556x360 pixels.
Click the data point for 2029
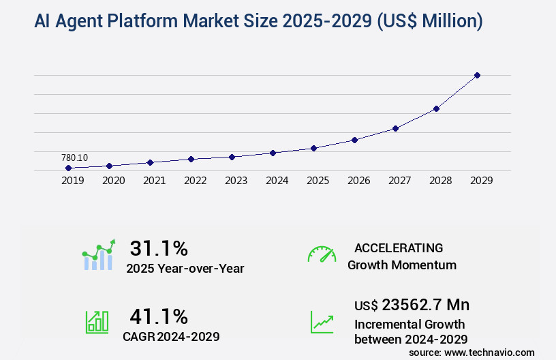tap(477, 75)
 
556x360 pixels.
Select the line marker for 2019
tap(68, 168)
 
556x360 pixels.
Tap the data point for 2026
tap(354, 140)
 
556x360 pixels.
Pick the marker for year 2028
tap(436, 108)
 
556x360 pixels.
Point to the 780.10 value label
tap(74, 157)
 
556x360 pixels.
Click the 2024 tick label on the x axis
tap(277, 181)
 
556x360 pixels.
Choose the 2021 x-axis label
tap(154, 181)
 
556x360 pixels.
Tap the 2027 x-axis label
tap(399, 181)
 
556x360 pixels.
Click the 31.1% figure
tap(159, 248)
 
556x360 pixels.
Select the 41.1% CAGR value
tap(159, 316)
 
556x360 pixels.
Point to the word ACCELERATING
tap(398, 248)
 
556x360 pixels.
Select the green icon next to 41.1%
tap(97, 322)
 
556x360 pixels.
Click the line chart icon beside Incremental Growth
tap(322, 322)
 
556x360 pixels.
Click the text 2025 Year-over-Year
tap(185, 269)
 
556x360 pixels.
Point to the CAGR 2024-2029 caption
tap(171, 336)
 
